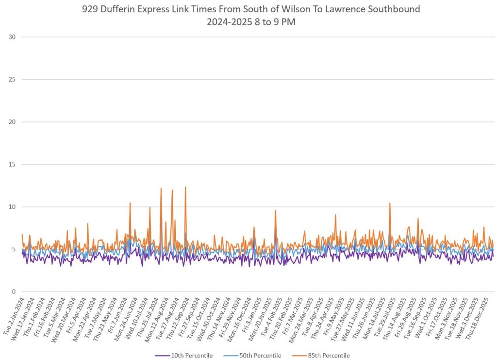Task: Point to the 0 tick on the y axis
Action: [14, 292]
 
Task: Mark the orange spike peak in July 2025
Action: [390, 203]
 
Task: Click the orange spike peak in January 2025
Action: [275, 210]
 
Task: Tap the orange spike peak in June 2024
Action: [130, 203]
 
